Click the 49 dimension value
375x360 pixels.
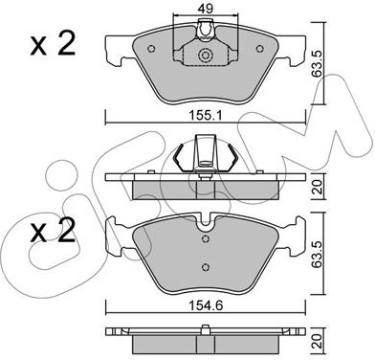click(x=205, y=9)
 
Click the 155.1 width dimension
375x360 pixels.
click(x=206, y=116)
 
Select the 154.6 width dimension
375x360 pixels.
click(x=206, y=305)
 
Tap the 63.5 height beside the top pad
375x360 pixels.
click(x=318, y=64)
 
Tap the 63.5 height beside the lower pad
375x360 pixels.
click(x=318, y=255)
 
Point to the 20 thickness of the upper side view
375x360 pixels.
click(x=318, y=187)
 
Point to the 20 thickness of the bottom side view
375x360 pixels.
click(x=318, y=342)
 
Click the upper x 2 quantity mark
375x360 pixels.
click(x=53, y=45)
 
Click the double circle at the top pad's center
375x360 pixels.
click(x=205, y=56)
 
